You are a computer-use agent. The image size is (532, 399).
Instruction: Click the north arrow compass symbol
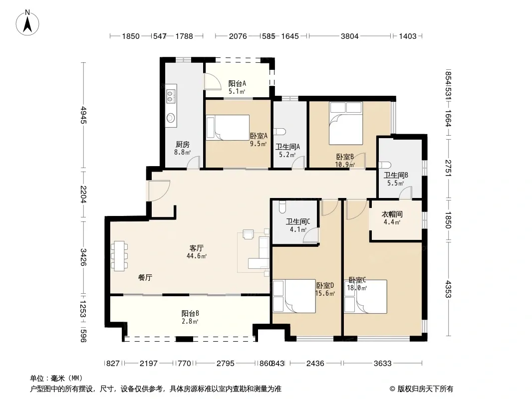click(x=27, y=23)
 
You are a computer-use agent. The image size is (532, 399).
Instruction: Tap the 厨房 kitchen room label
click(x=183, y=145)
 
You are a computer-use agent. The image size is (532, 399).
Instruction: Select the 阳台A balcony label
click(x=237, y=83)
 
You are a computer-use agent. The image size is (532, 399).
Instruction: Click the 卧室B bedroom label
click(x=345, y=157)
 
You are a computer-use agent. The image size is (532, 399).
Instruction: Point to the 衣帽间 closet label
click(x=392, y=214)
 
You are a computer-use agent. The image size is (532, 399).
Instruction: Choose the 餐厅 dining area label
click(x=145, y=278)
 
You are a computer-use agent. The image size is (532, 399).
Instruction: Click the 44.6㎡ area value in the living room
click(x=197, y=256)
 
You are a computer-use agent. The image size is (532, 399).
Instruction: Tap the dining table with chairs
click(x=119, y=255)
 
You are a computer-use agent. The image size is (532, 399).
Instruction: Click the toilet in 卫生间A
click(x=279, y=131)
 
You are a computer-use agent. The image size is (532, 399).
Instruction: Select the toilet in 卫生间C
click(x=281, y=206)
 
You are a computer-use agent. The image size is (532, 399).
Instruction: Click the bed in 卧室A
click(x=228, y=128)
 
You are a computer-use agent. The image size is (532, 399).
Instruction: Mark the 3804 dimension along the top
click(x=349, y=36)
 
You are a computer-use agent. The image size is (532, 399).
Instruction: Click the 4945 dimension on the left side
click(x=83, y=115)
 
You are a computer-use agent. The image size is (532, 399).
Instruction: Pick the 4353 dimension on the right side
click(x=448, y=289)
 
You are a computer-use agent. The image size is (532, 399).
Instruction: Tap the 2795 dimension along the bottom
click(x=226, y=364)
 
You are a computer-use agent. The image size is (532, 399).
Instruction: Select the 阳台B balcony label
click(x=190, y=313)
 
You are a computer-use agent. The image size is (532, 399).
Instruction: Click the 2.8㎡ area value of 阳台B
click(x=190, y=321)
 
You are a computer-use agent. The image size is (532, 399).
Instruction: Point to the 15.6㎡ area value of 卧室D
click(x=325, y=294)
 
